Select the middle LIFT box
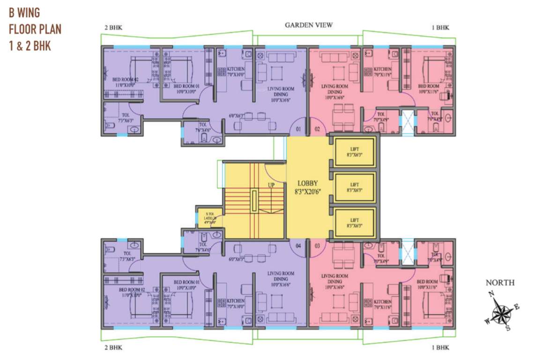pyautogui.click(x=355, y=187)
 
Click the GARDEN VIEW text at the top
pyautogui.click(x=309, y=25)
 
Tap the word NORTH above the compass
pyautogui.click(x=500, y=283)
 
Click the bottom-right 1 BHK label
pyautogui.click(x=440, y=348)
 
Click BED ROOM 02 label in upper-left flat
pyautogui.click(x=121, y=82)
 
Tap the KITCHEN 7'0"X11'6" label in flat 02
pyautogui.click(x=383, y=72)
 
